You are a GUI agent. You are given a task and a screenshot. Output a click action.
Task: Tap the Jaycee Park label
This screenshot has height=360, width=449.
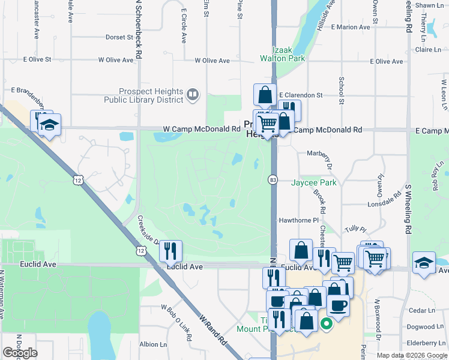(x=314, y=182)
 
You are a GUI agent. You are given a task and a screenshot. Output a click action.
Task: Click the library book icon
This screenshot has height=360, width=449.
(x=192, y=93)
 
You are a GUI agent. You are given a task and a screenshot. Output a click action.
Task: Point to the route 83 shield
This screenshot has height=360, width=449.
(x=273, y=179)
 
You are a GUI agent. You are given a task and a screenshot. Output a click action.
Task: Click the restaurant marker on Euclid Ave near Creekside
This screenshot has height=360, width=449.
(x=170, y=251)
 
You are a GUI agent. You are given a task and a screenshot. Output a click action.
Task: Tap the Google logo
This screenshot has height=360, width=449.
(x=20, y=353)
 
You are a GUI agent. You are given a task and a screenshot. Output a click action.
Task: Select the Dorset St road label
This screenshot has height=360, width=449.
(x=119, y=37)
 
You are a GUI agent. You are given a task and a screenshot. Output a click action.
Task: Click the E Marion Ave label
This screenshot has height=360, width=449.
(x=353, y=27)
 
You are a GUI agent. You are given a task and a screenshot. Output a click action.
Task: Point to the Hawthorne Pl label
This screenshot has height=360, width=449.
(x=298, y=220)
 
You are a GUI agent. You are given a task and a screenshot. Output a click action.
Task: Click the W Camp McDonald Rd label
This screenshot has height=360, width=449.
(x=202, y=129)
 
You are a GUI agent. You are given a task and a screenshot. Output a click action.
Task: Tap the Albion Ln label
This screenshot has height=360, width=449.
(x=153, y=344)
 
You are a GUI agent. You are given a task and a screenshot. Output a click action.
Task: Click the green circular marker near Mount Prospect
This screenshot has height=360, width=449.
(x=327, y=326)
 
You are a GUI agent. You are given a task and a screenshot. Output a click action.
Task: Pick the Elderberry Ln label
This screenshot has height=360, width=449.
(x=424, y=343)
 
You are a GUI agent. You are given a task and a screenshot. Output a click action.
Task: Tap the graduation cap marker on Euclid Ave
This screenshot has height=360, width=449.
(x=424, y=263)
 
